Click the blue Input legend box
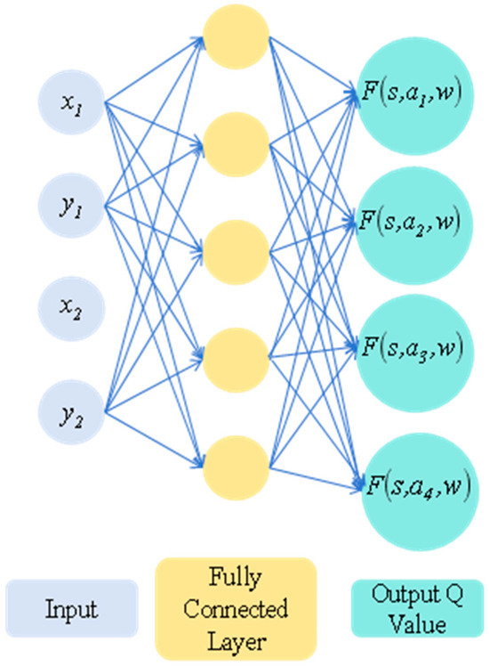coord(71,611)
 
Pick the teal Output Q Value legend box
coord(405,611)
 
